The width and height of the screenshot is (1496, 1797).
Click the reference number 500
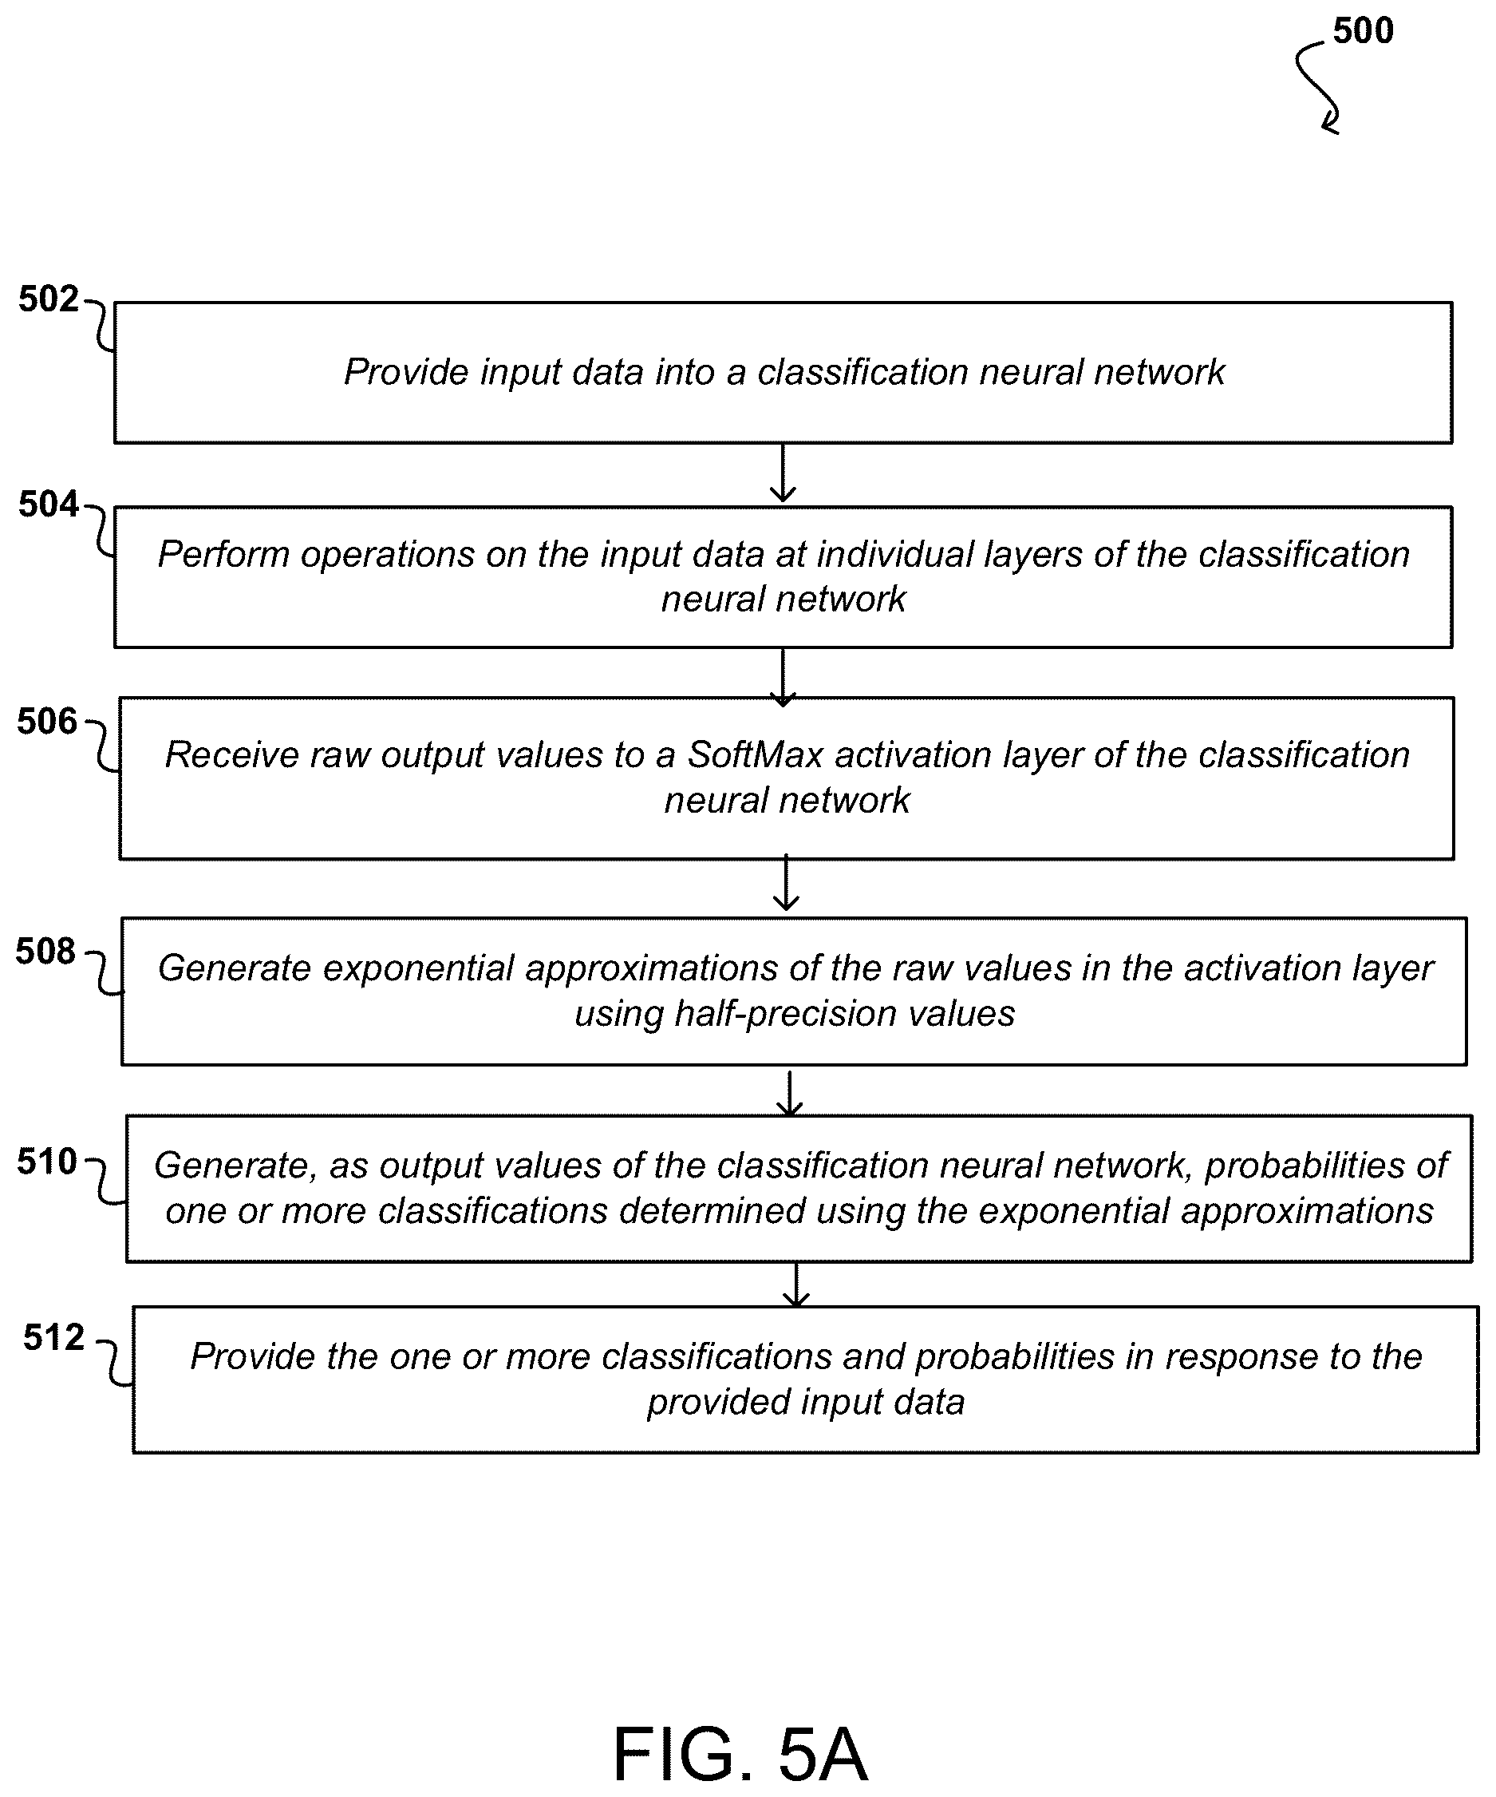click(x=1363, y=31)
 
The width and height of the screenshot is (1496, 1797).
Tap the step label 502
click(x=48, y=299)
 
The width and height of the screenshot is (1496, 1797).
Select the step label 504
click(x=48, y=504)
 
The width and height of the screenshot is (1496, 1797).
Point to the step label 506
click(x=47, y=722)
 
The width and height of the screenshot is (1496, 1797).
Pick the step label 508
click(x=45, y=951)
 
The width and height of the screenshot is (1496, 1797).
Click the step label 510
click(x=47, y=1162)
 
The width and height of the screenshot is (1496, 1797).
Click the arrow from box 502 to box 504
click(x=783, y=473)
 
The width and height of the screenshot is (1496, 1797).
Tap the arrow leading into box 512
click(x=796, y=1284)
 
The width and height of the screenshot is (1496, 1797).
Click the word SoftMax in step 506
click(x=756, y=754)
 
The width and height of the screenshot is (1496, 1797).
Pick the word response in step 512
click(x=1235, y=1358)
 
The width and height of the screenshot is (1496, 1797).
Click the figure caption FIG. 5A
click(x=740, y=1753)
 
